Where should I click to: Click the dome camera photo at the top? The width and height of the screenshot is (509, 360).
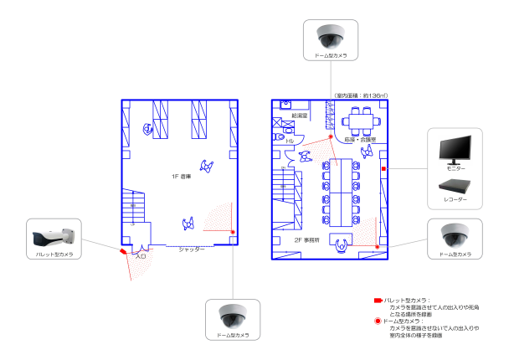pos(332,35)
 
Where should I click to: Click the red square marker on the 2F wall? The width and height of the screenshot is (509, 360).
pos(383,170)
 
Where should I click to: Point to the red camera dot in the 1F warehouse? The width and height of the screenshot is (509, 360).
pos(233,232)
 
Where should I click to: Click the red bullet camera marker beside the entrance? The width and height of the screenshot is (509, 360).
pos(123,249)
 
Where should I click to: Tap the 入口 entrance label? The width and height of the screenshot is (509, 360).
pos(141,257)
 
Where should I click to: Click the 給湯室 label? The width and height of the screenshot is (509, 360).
pos(300,114)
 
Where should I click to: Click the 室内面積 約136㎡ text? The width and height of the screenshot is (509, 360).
pos(361,95)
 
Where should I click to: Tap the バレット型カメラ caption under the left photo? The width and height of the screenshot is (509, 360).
pos(53,253)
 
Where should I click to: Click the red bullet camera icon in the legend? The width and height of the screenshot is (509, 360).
pos(377,300)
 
